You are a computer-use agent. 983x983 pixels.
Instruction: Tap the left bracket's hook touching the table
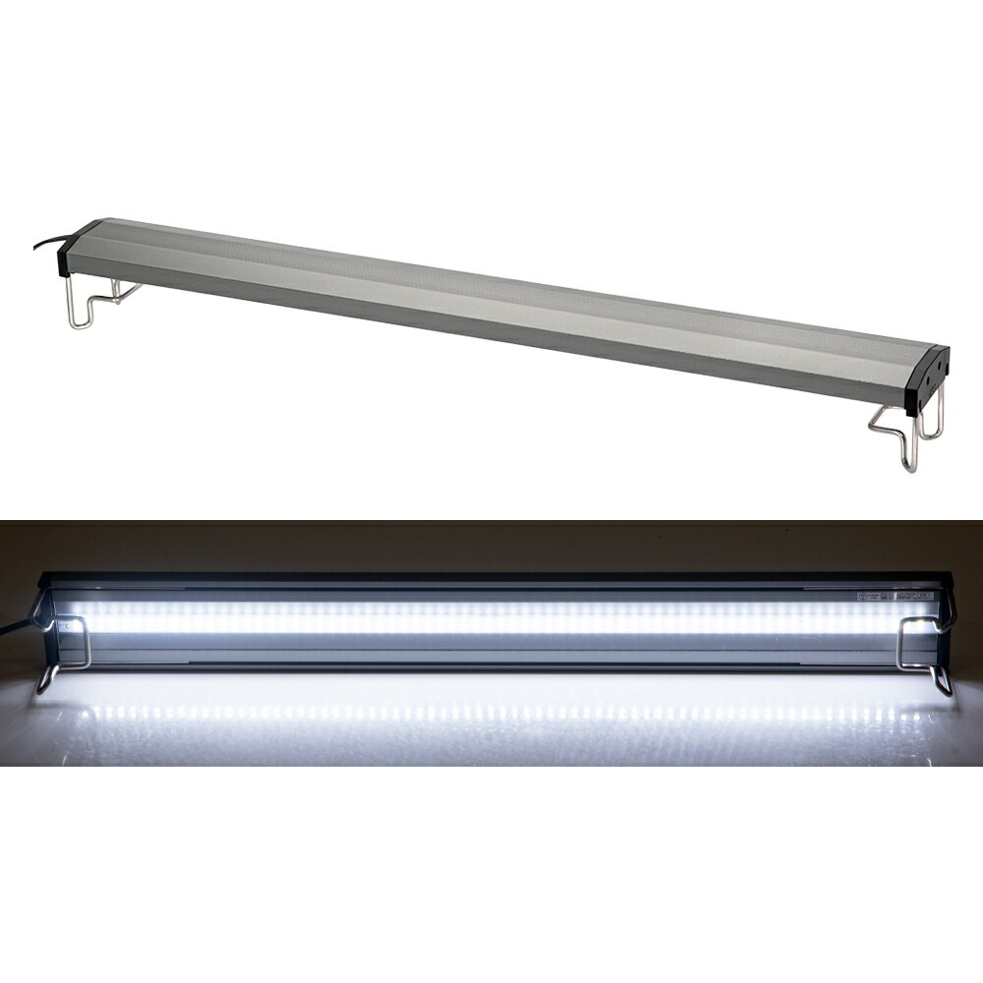point(44,681)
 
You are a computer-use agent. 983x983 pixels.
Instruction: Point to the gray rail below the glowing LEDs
point(491,651)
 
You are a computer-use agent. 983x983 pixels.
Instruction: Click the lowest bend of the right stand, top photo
point(911,466)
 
